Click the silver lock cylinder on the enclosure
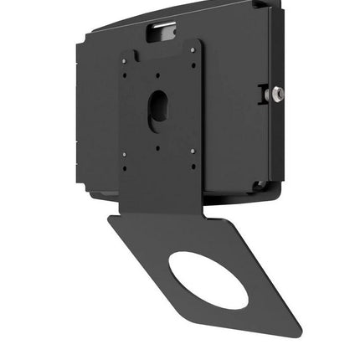[x=278, y=94]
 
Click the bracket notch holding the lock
[x=266, y=93]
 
